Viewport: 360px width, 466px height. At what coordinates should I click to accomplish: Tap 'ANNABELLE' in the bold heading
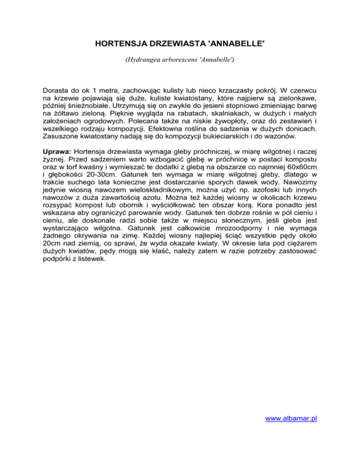[x=237, y=45]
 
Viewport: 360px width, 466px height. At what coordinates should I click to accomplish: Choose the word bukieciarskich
[x=233, y=151]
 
